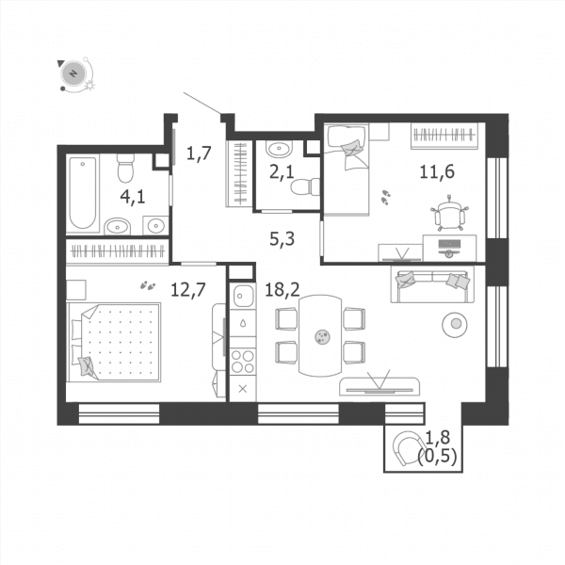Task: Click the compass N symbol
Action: point(73,73)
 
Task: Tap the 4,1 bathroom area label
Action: point(133,197)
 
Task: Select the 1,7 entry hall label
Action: point(199,153)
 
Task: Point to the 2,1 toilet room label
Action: point(282,172)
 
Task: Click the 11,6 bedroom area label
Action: point(437,171)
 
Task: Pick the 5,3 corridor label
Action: point(282,238)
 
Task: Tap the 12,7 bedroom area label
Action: point(188,289)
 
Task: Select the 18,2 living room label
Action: point(282,289)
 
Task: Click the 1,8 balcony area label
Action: point(438,438)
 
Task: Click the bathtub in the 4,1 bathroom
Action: point(83,194)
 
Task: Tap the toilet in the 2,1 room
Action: point(305,186)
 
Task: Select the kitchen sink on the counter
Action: point(243,296)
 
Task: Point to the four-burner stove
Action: point(243,362)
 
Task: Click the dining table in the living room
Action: point(320,336)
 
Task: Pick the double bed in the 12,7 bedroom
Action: point(114,342)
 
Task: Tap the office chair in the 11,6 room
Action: point(450,213)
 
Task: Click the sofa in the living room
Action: point(432,284)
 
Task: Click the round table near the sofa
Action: point(455,324)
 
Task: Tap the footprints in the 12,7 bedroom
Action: point(148,285)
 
